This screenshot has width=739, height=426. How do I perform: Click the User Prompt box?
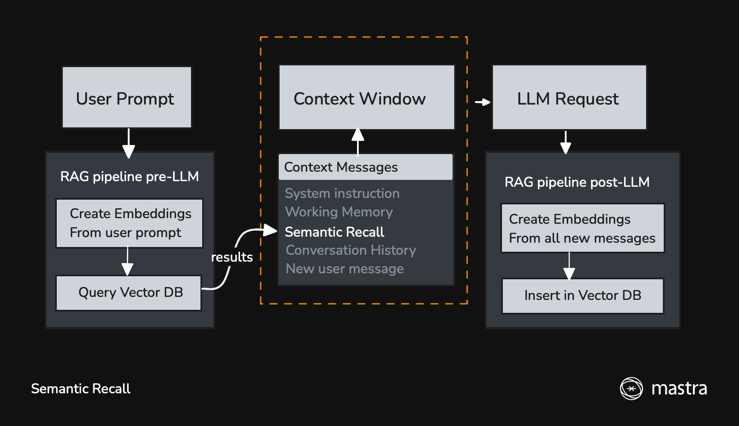(x=127, y=97)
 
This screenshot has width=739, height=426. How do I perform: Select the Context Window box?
(x=366, y=97)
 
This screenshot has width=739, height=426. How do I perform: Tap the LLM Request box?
(x=569, y=97)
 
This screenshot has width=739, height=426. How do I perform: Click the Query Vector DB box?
(x=129, y=293)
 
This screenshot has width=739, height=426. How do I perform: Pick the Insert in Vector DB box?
(x=582, y=296)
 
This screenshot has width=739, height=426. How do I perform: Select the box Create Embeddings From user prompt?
(x=129, y=223)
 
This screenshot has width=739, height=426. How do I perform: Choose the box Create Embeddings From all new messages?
(x=582, y=228)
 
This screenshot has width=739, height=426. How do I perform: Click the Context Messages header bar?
(x=366, y=167)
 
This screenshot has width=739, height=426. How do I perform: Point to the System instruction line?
(x=342, y=193)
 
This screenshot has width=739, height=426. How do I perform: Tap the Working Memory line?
(x=339, y=212)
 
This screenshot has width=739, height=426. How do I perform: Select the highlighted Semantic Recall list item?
(x=334, y=232)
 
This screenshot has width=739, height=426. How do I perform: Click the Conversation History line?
(x=351, y=250)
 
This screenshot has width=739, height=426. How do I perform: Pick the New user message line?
(x=345, y=269)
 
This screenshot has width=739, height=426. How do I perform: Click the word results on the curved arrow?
(x=232, y=257)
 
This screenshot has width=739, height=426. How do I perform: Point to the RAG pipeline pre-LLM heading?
(x=129, y=176)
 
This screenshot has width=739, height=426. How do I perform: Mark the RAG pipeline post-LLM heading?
(x=577, y=182)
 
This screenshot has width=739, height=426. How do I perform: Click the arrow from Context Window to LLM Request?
(x=483, y=102)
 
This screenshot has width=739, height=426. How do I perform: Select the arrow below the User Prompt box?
(x=129, y=144)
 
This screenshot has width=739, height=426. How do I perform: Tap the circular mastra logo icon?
(x=631, y=389)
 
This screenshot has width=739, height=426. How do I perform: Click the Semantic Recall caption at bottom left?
(x=80, y=389)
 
